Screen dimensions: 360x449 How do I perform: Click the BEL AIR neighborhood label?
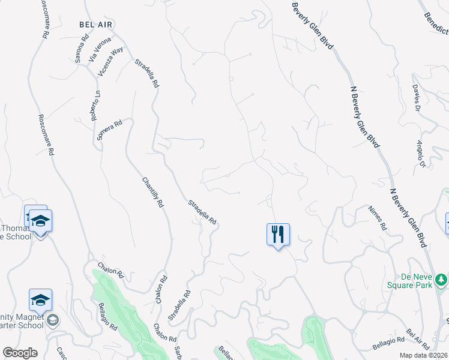tap(96, 25)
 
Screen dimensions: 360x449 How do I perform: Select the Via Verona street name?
tap(99, 49)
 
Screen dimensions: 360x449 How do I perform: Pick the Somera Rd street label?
tap(109, 130)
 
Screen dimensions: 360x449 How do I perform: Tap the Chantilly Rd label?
tap(153, 192)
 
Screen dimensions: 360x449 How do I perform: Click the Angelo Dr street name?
tap(420, 154)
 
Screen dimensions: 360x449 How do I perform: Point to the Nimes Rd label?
tap(378, 219)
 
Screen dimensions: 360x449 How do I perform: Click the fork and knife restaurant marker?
tap(278, 234)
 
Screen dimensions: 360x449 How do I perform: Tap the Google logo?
tap(20, 353)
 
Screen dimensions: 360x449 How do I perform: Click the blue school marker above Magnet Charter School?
tap(40, 300)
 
